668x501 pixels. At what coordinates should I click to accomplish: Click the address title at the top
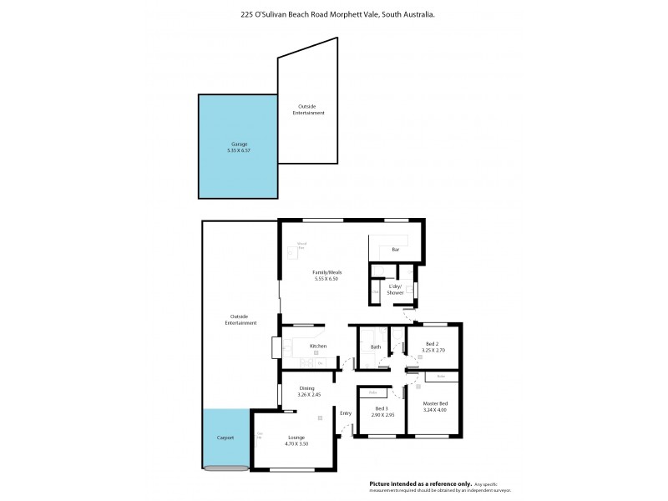click(x=337, y=14)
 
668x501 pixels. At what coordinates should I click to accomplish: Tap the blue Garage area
click(x=237, y=167)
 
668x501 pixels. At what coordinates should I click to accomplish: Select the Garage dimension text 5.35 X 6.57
click(x=238, y=150)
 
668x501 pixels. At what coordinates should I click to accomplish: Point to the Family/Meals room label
click(x=327, y=272)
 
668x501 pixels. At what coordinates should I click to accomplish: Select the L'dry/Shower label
click(x=396, y=290)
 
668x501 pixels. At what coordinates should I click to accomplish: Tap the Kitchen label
click(x=317, y=346)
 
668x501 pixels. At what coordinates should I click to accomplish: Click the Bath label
click(x=376, y=347)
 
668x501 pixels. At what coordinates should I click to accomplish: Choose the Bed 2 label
click(x=432, y=344)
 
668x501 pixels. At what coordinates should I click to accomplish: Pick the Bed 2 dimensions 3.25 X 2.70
click(x=432, y=351)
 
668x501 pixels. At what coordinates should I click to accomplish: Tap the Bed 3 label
click(x=382, y=407)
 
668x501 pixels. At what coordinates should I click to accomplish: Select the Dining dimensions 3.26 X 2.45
click(x=307, y=394)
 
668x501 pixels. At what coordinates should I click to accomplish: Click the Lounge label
click(x=296, y=438)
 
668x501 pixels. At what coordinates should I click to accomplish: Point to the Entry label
click(x=346, y=413)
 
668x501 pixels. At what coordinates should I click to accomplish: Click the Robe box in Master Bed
click(x=441, y=377)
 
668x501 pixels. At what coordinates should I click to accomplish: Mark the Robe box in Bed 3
click(x=373, y=392)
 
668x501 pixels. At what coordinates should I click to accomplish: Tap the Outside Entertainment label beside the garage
click(x=308, y=109)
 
